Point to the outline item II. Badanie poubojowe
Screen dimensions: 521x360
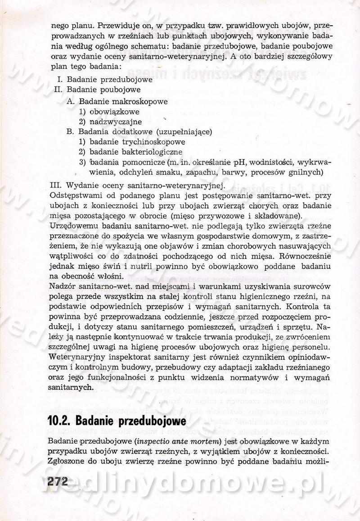click(97, 90)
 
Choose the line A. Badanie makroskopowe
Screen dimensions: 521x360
click(117, 101)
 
